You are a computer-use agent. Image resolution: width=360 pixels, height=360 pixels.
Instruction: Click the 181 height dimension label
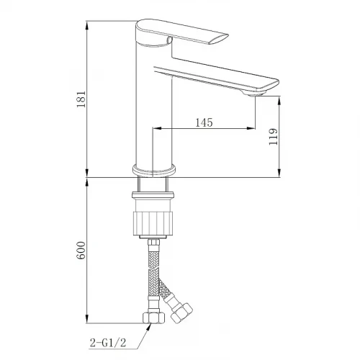(81, 99)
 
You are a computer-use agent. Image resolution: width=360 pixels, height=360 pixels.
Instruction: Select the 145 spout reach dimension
(204, 122)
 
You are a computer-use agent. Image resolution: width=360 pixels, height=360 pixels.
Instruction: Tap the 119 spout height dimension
(273, 137)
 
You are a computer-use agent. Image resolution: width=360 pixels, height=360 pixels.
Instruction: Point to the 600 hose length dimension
(81, 251)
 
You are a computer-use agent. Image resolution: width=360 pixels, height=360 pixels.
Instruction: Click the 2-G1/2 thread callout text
(108, 343)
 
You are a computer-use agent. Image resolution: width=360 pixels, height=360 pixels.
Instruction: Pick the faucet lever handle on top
(182, 32)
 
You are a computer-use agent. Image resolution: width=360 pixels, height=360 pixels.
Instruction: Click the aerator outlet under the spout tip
(254, 94)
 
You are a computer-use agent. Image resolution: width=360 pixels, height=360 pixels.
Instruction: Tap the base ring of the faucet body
(154, 171)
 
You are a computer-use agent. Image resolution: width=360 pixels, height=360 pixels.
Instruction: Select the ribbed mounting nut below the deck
(153, 223)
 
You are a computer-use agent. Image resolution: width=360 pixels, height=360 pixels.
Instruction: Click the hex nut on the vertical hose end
(153, 318)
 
